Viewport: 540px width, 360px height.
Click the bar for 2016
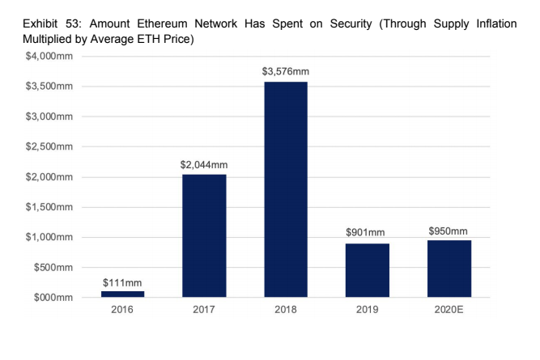[123, 294]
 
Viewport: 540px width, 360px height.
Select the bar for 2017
[204, 236]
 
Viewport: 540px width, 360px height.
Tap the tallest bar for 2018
[286, 190]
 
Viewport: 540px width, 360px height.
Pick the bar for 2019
[368, 270]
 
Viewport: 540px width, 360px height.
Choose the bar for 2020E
[449, 269]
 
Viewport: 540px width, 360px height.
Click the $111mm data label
[123, 282]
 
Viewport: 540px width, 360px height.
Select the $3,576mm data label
[286, 72]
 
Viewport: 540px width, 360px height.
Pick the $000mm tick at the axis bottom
[52, 298]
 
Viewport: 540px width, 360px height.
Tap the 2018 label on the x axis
[286, 311]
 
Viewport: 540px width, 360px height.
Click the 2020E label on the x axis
[449, 311]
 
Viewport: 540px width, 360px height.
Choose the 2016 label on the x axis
[123, 311]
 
